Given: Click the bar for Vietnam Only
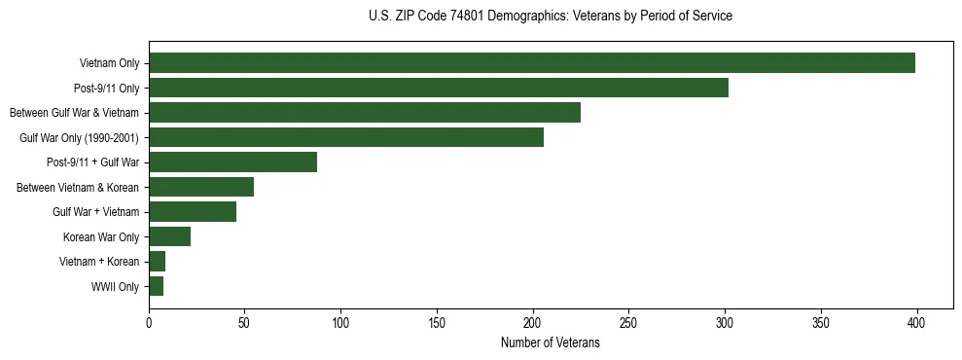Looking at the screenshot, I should tap(531, 63).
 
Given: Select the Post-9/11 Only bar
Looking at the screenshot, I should tap(438, 88).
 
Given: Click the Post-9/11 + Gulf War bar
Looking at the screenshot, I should tap(232, 162).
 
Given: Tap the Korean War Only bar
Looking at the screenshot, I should tap(169, 236).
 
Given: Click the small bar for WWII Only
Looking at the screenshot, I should tap(156, 286).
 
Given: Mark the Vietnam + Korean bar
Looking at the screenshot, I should tap(157, 262).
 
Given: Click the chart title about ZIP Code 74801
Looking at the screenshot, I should tap(551, 17).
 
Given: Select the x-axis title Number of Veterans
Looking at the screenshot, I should tap(551, 343).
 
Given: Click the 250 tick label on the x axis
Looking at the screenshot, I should tap(628, 325).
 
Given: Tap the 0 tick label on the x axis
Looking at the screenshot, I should tap(149, 325).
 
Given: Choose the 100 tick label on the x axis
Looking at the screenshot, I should tap(340, 325).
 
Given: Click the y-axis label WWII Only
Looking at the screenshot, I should tap(115, 287).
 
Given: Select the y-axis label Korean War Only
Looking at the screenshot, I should tap(101, 237).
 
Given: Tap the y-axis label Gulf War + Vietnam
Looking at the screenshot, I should tap(95, 212).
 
